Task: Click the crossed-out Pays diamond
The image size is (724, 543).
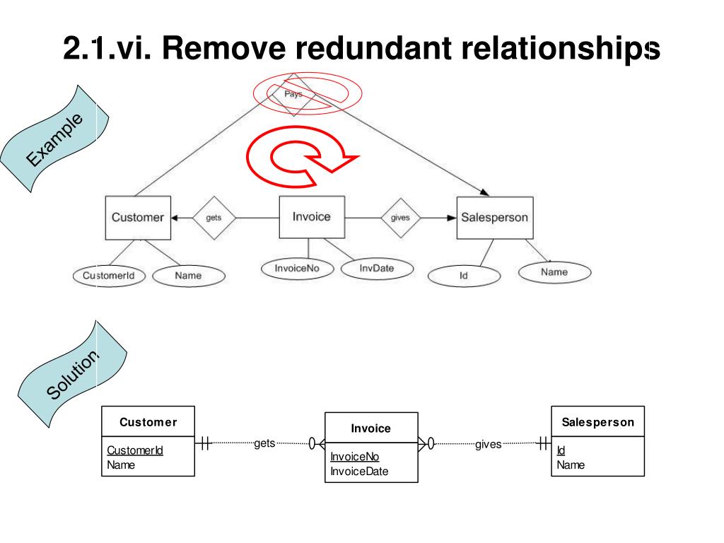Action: click(293, 94)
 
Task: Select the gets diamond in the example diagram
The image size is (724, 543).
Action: click(214, 218)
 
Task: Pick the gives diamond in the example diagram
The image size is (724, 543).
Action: click(400, 218)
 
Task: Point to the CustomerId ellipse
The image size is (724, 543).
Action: click(109, 276)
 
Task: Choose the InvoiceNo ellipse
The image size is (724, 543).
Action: click(297, 269)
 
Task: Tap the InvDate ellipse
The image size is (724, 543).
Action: click(377, 269)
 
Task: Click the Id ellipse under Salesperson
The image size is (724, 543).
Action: click(464, 276)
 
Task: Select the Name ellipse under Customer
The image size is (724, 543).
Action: click(188, 276)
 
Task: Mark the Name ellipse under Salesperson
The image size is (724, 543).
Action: click(554, 272)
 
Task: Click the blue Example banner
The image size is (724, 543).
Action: click(54, 139)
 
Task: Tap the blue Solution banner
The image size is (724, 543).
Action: click(73, 374)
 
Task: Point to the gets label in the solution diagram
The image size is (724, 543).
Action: click(264, 443)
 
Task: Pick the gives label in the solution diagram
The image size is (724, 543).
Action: click(488, 444)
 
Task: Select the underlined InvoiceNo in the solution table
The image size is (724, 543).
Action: click(355, 457)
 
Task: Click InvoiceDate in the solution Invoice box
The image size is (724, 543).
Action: click(359, 472)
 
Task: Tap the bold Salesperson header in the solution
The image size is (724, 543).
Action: click(598, 422)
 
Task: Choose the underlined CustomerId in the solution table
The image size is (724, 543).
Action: click(135, 450)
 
